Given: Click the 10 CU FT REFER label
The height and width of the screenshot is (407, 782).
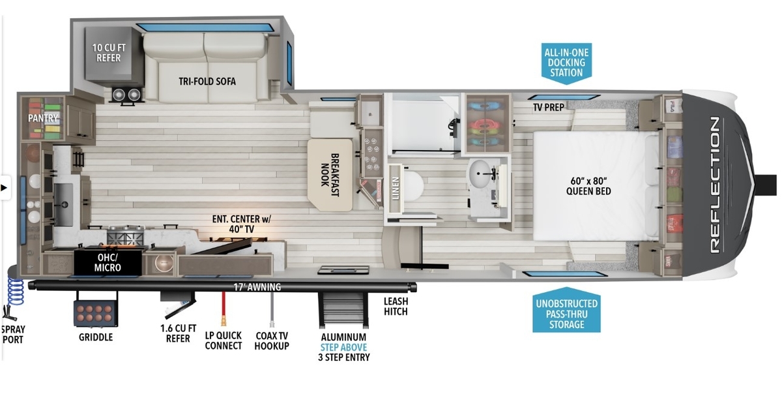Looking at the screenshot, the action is click(x=109, y=53).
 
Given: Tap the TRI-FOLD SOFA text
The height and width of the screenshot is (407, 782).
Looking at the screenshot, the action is click(x=207, y=82).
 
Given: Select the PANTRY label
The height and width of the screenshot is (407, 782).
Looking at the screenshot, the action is click(x=42, y=118).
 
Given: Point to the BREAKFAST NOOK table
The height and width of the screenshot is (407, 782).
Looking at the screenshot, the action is click(x=330, y=175).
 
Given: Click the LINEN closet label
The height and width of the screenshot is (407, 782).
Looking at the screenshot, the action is click(x=395, y=188).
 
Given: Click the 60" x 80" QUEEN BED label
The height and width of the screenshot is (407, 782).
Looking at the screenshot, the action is click(x=588, y=186).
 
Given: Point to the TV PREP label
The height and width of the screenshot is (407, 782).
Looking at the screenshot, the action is click(x=549, y=107).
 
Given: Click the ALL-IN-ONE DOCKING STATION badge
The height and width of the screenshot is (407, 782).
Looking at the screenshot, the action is click(x=566, y=63).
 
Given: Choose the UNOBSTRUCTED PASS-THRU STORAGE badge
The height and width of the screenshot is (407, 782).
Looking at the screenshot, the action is click(x=566, y=310).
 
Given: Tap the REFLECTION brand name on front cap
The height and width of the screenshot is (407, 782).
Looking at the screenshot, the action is click(x=715, y=185).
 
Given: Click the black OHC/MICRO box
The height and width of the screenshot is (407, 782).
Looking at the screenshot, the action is click(x=108, y=263).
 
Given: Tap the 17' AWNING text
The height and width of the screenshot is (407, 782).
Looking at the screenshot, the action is click(x=257, y=287).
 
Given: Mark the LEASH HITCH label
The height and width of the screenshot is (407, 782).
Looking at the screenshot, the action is click(x=396, y=307).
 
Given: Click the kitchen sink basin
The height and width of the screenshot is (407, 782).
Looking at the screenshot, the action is click(x=64, y=204).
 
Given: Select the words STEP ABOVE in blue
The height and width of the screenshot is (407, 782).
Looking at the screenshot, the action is click(x=343, y=347).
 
